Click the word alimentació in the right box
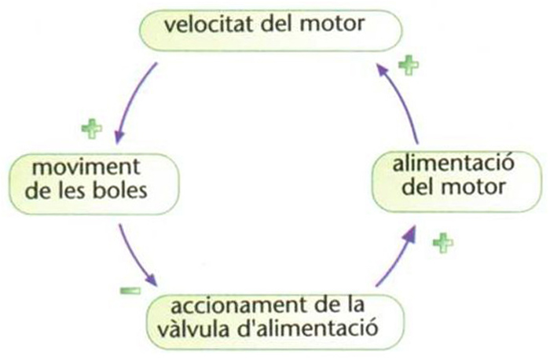pos(443,167)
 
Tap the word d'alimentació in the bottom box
pos(313,325)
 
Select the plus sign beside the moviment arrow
pos(92,127)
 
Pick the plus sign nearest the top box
pos(408,65)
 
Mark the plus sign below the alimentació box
pos(443,243)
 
